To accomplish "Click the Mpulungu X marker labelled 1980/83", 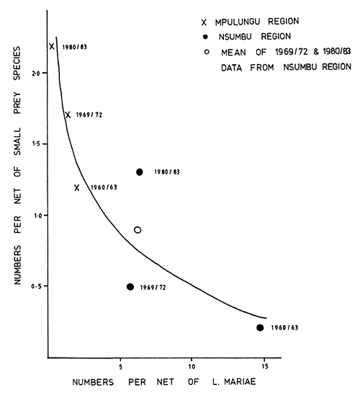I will click(52, 46).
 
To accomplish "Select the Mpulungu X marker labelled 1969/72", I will click(68, 115).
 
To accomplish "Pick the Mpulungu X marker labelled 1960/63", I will click(76, 187).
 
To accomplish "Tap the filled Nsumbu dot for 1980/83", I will click(140, 172).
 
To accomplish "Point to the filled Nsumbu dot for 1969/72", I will click(130, 286).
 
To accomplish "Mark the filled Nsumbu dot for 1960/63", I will click(260, 327).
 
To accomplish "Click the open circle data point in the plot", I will click(138, 230).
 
